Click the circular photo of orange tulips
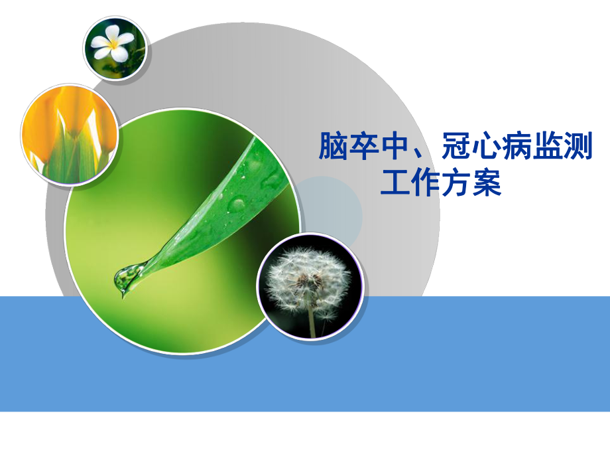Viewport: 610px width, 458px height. [70, 135]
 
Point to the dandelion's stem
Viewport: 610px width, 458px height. [312, 323]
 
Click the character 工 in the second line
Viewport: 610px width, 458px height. [395, 182]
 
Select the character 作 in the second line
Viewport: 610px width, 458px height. [426, 182]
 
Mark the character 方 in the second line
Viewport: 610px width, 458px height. [456, 182]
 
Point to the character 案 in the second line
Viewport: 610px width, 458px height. [487, 182]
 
